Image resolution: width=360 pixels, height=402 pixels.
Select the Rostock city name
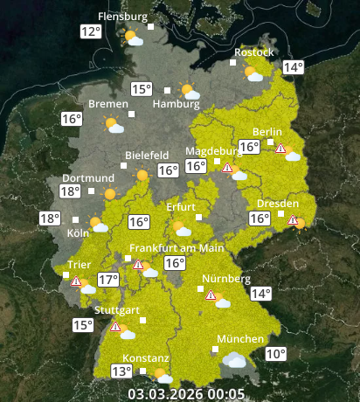[x=253, y=53]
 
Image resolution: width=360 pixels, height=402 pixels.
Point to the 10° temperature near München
[x=275, y=354]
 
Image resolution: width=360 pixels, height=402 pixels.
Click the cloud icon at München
[x=233, y=359]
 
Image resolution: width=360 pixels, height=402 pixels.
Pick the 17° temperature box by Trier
[x=107, y=281]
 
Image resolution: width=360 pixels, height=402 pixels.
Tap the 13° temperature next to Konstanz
[x=121, y=371]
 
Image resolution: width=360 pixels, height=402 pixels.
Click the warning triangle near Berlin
[x=280, y=149]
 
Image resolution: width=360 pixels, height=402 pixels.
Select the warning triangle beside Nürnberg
[x=210, y=295]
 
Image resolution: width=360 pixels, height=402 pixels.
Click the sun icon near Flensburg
[x=134, y=38]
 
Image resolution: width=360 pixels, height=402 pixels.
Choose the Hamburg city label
[x=170, y=104]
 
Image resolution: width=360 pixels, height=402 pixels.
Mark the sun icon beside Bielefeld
[x=142, y=176]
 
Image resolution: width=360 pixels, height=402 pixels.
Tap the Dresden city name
[x=278, y=204]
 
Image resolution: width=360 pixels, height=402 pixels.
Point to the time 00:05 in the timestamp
[x=226, y=393]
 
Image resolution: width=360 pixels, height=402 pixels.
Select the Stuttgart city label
[x=116, y=310]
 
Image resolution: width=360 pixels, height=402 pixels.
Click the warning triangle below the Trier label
[x=76, y=281]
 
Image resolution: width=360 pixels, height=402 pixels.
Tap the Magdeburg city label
[x=212, y=150]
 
